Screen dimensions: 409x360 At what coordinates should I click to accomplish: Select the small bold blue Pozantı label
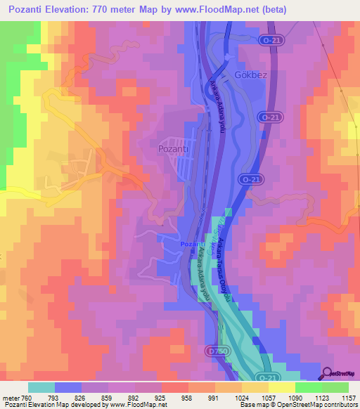coord(191,244)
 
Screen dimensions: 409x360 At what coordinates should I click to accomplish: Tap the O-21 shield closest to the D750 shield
coord(263,377)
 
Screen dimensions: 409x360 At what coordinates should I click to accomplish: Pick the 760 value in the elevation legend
coord(26,397)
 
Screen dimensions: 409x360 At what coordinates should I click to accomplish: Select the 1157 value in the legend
coord(347,397)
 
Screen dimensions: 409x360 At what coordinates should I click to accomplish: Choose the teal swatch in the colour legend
coord(41,387)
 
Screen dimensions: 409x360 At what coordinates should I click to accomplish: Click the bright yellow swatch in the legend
coord(282,387)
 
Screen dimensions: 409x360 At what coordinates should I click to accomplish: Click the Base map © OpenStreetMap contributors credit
coord(298,405)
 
